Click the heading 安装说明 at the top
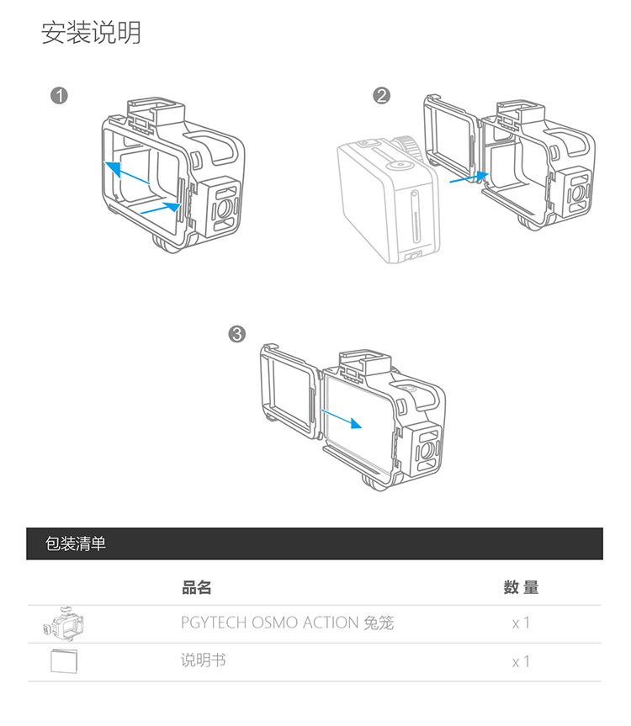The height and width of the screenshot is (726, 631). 91,33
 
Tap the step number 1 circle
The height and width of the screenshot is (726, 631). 59,96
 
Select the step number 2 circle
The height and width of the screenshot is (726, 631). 381,96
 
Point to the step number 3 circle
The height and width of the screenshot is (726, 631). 237,334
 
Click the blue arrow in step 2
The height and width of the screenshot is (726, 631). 469,178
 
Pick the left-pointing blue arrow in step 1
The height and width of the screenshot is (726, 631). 126,172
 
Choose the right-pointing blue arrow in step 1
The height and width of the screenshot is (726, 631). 160,208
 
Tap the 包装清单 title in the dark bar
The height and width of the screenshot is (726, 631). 76,543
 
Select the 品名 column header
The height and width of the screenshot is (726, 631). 196,587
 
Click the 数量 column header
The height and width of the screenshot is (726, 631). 521,587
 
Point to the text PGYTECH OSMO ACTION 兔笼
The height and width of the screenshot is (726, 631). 287,623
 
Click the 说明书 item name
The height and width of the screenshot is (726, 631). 204,660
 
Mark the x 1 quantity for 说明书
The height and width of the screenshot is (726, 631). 521,662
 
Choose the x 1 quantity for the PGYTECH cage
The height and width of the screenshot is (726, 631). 521,623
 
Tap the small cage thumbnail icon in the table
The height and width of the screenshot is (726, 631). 63,623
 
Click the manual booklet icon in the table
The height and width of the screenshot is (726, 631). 64,661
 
